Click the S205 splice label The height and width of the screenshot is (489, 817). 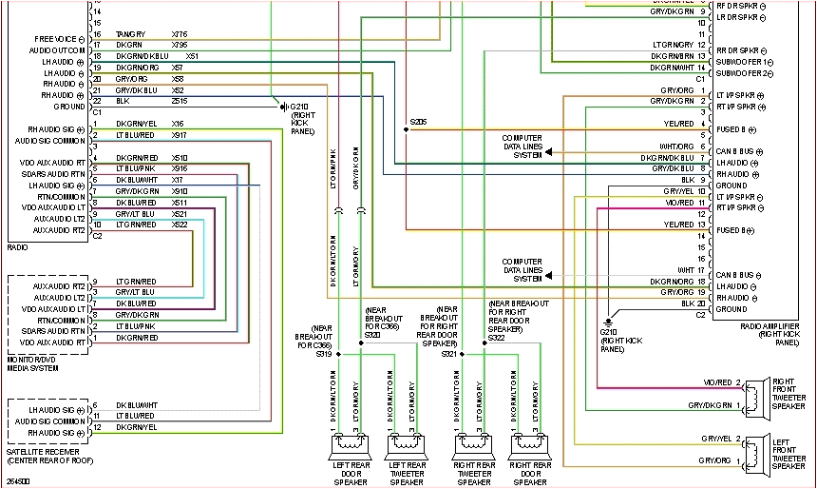tap(418, 122)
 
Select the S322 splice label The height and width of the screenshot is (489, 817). tap(497, 337)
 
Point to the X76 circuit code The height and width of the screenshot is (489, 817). tap(180, 34)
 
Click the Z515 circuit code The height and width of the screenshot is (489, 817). tap(180, 99)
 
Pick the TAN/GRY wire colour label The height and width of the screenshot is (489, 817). tap(131, 34)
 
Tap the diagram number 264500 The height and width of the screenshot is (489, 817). tap(19, 481)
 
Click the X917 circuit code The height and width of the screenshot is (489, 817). tap(180, 134)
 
